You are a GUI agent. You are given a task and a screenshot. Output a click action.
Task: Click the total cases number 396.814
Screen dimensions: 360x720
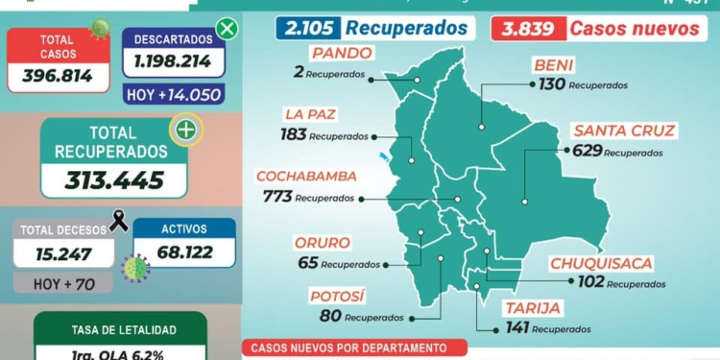pos(58,75)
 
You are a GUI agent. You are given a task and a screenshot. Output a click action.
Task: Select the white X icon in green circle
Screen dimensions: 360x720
pos(227,28)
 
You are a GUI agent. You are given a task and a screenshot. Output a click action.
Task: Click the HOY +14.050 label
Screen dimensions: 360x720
pos(174,94)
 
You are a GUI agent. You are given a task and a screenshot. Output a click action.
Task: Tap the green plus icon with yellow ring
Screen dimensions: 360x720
pos(182,129)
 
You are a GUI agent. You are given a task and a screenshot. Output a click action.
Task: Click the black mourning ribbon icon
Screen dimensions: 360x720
pos(120,222)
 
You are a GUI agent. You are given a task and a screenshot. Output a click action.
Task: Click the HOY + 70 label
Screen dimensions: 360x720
pos(63,282)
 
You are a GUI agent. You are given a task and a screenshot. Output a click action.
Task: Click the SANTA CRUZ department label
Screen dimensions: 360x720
pos(624,131)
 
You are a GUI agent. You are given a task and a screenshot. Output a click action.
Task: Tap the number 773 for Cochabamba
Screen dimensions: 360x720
pos(276,197)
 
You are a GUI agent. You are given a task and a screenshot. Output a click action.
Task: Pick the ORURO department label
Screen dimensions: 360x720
pos(323,243)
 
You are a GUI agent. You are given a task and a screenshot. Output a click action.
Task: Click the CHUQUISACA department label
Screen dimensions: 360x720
pos(602,263)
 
